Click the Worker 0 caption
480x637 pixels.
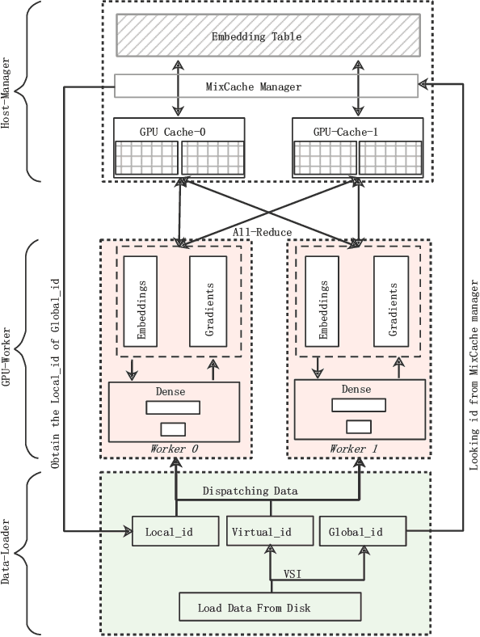(x=174, y=448)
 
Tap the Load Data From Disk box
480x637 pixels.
(x=267, y=607)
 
